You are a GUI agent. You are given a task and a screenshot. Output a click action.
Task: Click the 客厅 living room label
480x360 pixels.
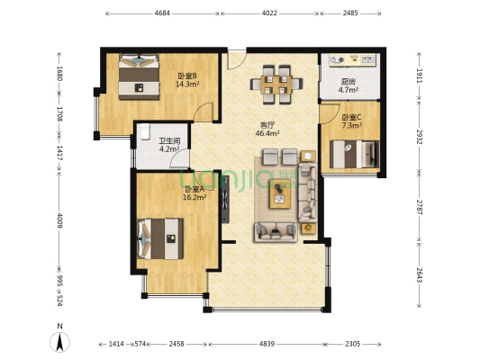[267, 124]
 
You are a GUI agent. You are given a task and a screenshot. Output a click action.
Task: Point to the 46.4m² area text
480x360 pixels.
[267, 133]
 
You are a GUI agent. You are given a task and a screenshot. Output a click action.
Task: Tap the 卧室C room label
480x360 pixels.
[351, 117]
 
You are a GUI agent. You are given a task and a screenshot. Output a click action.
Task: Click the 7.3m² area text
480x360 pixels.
[351, 126]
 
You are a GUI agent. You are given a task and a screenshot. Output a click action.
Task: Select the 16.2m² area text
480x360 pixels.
[196, 197]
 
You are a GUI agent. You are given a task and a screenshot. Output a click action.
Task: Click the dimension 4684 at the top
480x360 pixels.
[162, 13]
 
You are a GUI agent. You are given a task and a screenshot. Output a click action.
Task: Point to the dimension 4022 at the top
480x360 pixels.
[270, 13]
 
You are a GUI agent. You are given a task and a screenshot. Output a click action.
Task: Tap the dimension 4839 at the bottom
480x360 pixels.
[267, 344]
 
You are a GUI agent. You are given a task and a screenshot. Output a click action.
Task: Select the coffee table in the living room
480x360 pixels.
[280, 193]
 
